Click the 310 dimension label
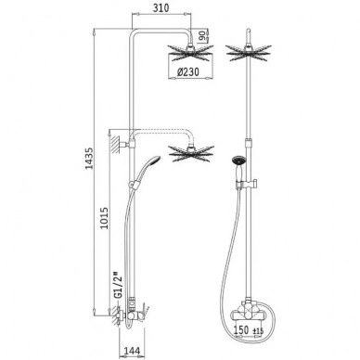[161, 7]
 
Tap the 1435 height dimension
[89, 159]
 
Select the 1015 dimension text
[105, 218]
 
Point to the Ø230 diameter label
[188, 71]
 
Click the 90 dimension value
[202, 36]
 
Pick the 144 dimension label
[132, 351]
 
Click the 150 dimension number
[241, 329]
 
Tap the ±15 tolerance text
[259, 331]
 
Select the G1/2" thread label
[117, 286]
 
